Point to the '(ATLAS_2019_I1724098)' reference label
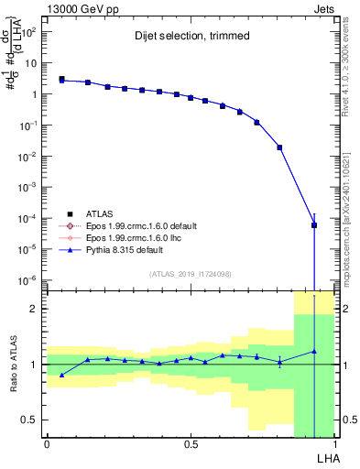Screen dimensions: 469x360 tap(191, 273)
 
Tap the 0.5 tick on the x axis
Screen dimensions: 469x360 tap(191, 444)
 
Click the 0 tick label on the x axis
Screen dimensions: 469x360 tap(47, 444)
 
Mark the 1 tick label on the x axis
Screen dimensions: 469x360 tap(334, 444)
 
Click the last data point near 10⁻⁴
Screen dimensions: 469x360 tap(314, 224)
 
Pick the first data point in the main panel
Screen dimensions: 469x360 tap(61, 80)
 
